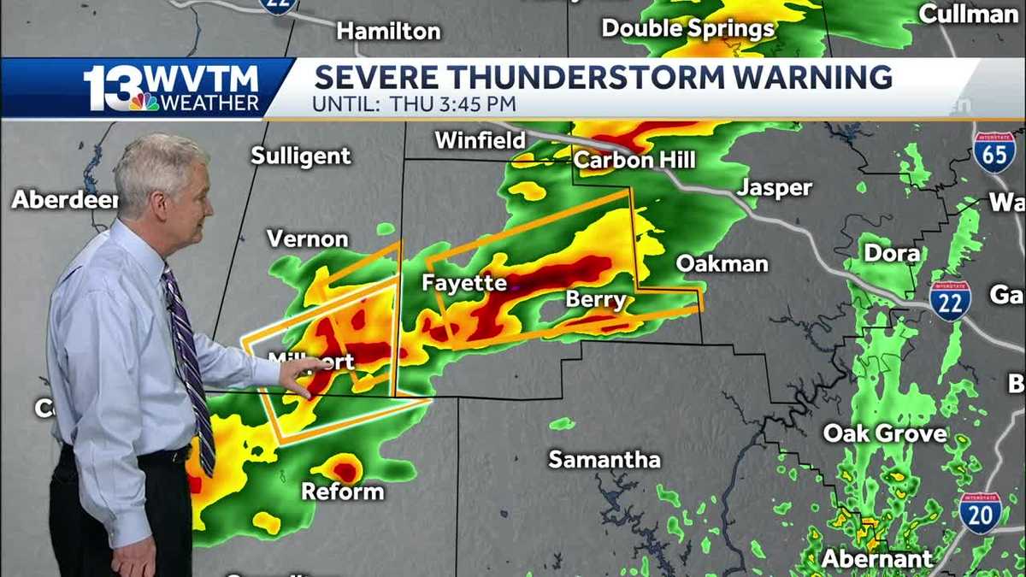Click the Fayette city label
click(x=464, y=283)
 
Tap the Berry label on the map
click(x=596, y=300)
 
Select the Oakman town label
click(x=722, y=264)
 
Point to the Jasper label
click(x=775, y=188)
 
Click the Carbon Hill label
click(x=634, y=160)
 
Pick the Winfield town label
click(x=480, y=140)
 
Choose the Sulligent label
click(x=301, y=156)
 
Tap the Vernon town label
click(x=307, y=238)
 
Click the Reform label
click(x=342, y=492)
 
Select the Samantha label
click(x=604, y=460)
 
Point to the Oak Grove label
click(x=885, y=433)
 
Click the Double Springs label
click(x=687, y=28)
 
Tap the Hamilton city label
click(x=388, y=32)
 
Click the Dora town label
click(x=892, y=253)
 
